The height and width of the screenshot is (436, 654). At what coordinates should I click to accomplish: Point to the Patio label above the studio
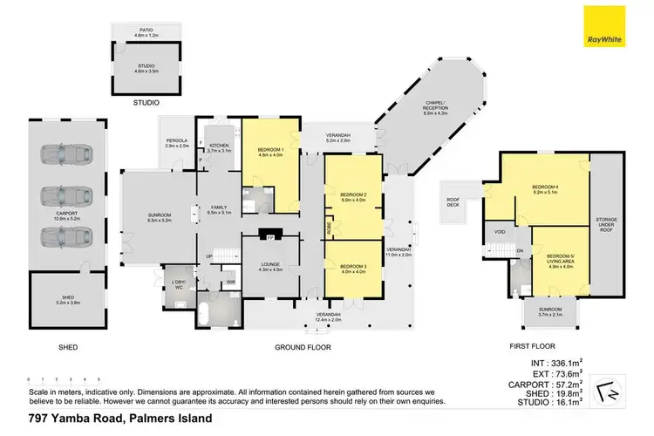146,32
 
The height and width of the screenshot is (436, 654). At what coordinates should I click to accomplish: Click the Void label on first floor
500,233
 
